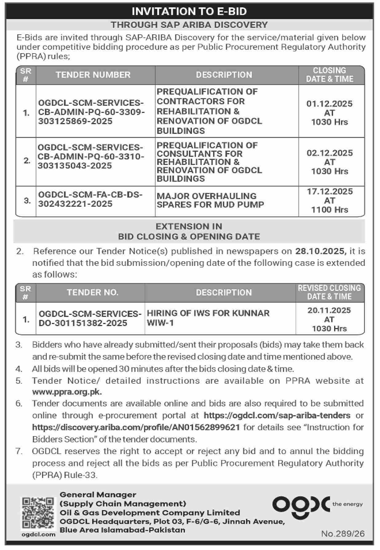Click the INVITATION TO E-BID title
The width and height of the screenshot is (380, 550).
click(x=189, y=11)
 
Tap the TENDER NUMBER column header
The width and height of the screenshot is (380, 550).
click(x=93, y=75)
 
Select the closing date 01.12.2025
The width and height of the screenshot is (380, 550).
click(x=329, y=104)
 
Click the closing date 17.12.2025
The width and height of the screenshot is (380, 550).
click(x=330, y=192)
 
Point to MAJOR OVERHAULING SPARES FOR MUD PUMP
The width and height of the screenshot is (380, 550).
click(x=210, y=200)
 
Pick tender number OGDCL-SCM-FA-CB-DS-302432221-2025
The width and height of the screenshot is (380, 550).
click(x=90, y=199)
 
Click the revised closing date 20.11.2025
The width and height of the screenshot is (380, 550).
click(x=329, y=310)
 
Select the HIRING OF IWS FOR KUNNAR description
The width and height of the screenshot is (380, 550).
click(x=208, y=318)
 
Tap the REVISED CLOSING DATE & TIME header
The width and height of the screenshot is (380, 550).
click(x=329, y=292)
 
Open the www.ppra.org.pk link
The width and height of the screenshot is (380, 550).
click(x=67, y=392)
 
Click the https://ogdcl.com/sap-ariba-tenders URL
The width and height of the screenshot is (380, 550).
click(x=277, y=416)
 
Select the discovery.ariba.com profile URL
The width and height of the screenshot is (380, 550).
click(x=136, y=428)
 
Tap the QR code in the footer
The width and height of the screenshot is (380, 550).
click(x=38, y=513)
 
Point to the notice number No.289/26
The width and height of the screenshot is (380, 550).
click(x=343, y=534)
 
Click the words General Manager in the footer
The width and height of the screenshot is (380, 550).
click(x=98, y=495)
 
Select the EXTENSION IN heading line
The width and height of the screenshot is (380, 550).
click(x=189, y=227)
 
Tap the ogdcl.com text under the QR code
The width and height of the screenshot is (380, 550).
click(x=38, y=535)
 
